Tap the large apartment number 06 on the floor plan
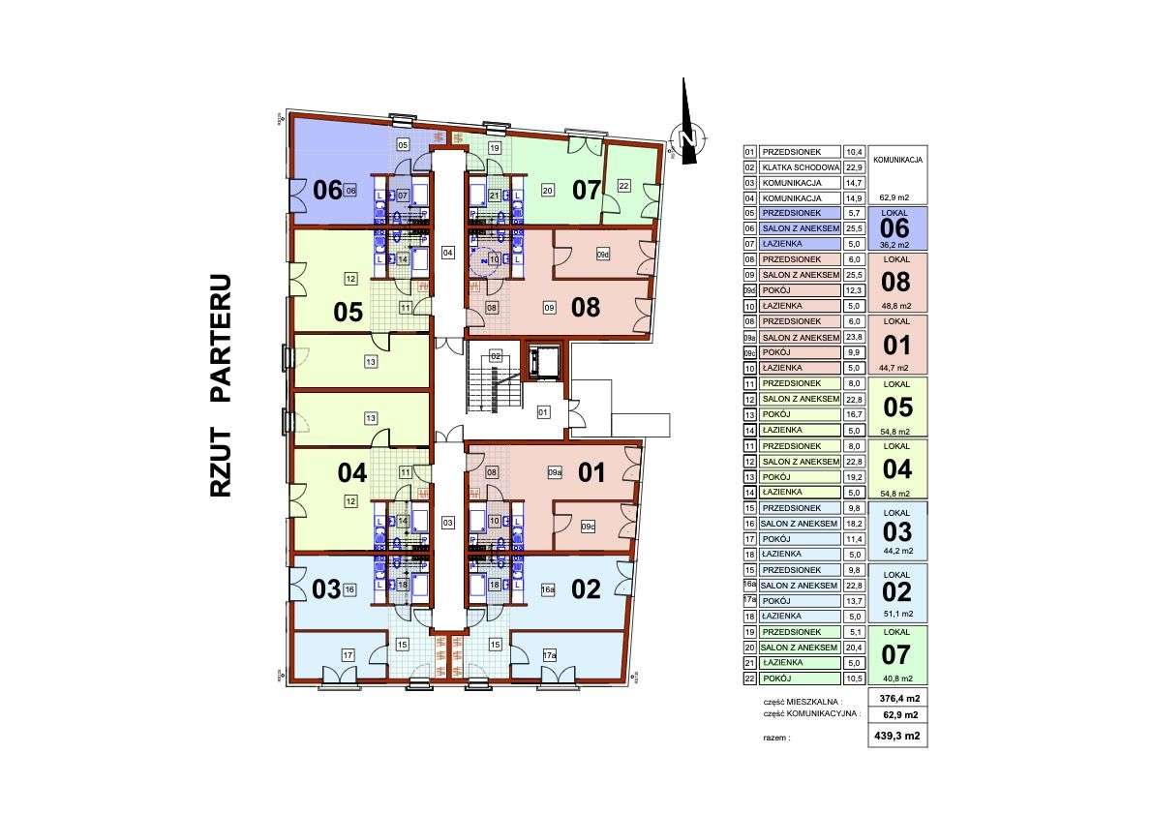coord(328,190)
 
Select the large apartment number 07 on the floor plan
coord(587,190)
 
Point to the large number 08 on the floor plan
coord(586,308)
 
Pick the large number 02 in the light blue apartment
coord(587,588)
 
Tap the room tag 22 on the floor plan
coord(624,186)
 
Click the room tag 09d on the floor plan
coord(603,255)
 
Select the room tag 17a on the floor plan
coord(549,656)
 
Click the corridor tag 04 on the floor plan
coord(447,253)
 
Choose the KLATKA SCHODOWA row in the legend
coord(800,167)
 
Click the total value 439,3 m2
coord(899,737)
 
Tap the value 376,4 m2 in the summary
coord(899,698)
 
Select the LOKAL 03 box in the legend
coord(897,530)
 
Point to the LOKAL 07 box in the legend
coord(897,655)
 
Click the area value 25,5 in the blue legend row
coord(854,228)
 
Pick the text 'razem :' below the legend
coord(776,738)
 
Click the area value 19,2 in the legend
coord(854,477)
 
